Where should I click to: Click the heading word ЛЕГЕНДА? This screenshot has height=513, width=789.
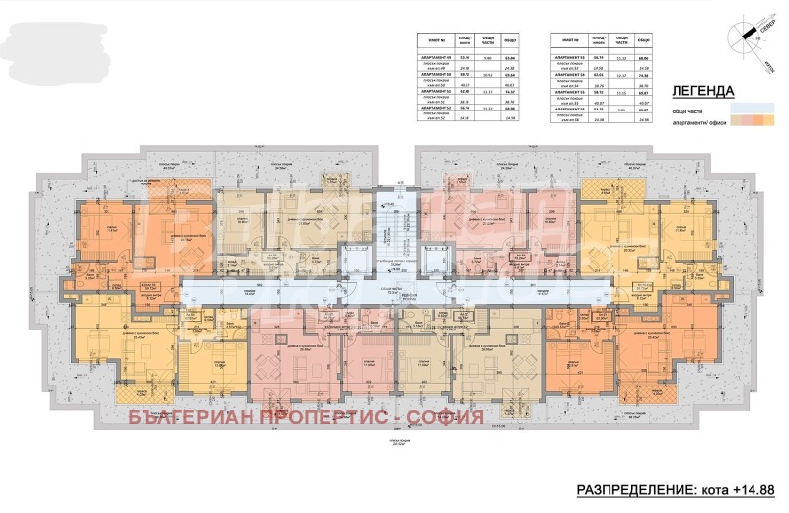701,90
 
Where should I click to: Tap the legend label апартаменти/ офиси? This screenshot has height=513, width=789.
697,121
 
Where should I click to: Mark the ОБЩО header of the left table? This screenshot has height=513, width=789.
510,40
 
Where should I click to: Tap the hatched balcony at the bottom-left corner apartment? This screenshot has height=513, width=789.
138,392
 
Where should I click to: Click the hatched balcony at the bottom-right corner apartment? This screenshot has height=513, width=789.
646,392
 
